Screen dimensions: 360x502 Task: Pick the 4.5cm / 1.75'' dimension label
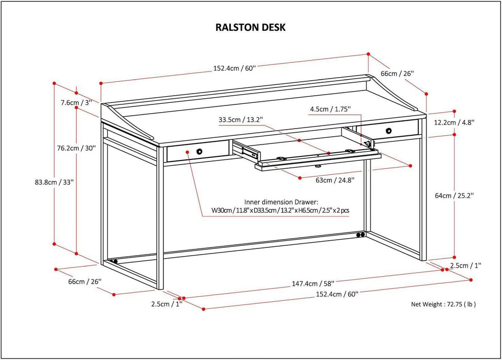click(330, 109)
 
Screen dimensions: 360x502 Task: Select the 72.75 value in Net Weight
click(449, 304)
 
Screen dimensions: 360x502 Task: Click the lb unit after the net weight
click(470, 304)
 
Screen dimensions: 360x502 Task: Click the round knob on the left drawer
click(199, 152)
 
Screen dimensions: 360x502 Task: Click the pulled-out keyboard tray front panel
click(319, 160)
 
